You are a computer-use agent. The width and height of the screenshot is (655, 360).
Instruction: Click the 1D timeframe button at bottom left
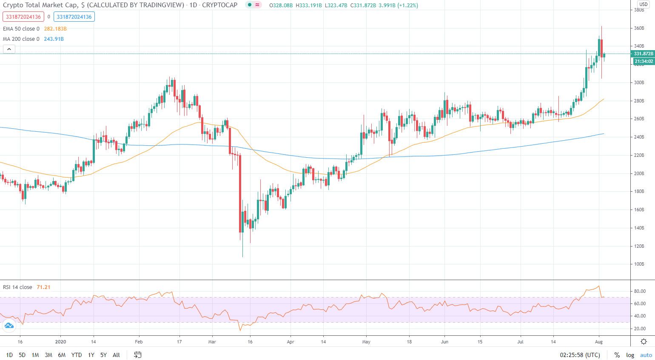pos(9,355)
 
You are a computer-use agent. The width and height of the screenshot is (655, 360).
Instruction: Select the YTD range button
pos(77,355)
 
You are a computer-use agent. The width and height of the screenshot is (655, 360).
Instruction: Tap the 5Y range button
pos(103,355)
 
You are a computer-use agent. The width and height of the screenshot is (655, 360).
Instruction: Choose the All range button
pos(116,355)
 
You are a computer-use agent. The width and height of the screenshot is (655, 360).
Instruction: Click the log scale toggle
pos(630,355)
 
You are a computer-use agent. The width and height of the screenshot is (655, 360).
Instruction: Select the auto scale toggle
pos(646,355)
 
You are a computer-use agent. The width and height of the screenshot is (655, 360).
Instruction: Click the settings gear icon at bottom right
pos(644,341)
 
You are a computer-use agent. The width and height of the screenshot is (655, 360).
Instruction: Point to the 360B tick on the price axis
pos(639,28)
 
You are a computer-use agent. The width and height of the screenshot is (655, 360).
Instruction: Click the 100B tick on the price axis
pos(639,264)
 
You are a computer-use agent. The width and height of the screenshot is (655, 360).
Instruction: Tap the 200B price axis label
pos(639,173)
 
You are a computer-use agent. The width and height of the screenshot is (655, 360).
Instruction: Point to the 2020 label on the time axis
pos(60,341)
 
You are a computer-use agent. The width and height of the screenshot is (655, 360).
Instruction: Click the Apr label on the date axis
pos(290,341)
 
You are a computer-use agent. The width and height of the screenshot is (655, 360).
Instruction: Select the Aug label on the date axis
pos(598,341)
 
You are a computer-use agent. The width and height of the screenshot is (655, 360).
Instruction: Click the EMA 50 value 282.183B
pos(55,29)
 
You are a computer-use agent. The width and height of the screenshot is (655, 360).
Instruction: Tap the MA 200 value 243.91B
pos(54,39)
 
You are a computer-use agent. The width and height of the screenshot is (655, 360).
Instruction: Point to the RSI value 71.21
pos(43,287)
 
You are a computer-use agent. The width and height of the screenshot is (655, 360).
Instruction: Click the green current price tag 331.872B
pos(643,54)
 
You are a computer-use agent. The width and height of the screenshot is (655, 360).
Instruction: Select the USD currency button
pos(643,4)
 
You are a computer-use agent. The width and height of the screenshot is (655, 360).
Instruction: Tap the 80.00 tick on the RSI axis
pos(640,291)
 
